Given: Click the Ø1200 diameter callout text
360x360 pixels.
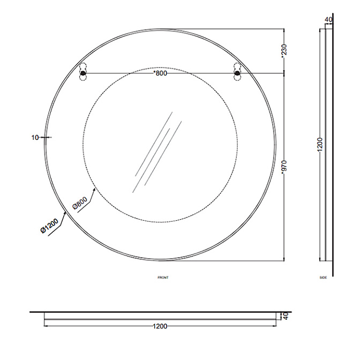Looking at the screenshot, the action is [x=49, y=226].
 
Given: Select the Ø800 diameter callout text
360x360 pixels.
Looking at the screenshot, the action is [x=80, y=203].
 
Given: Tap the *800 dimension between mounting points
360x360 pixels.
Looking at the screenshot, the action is [x=160, y=73].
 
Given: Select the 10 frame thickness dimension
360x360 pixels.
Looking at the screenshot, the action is [x=35, y=138].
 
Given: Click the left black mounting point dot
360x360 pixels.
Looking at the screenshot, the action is [x=82, y=73].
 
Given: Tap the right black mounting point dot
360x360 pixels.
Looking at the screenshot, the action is [x=237, y=73].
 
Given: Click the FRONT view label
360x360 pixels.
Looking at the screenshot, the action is [x=163, y=277].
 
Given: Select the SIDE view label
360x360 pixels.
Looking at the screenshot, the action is [x=323, y=277].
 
